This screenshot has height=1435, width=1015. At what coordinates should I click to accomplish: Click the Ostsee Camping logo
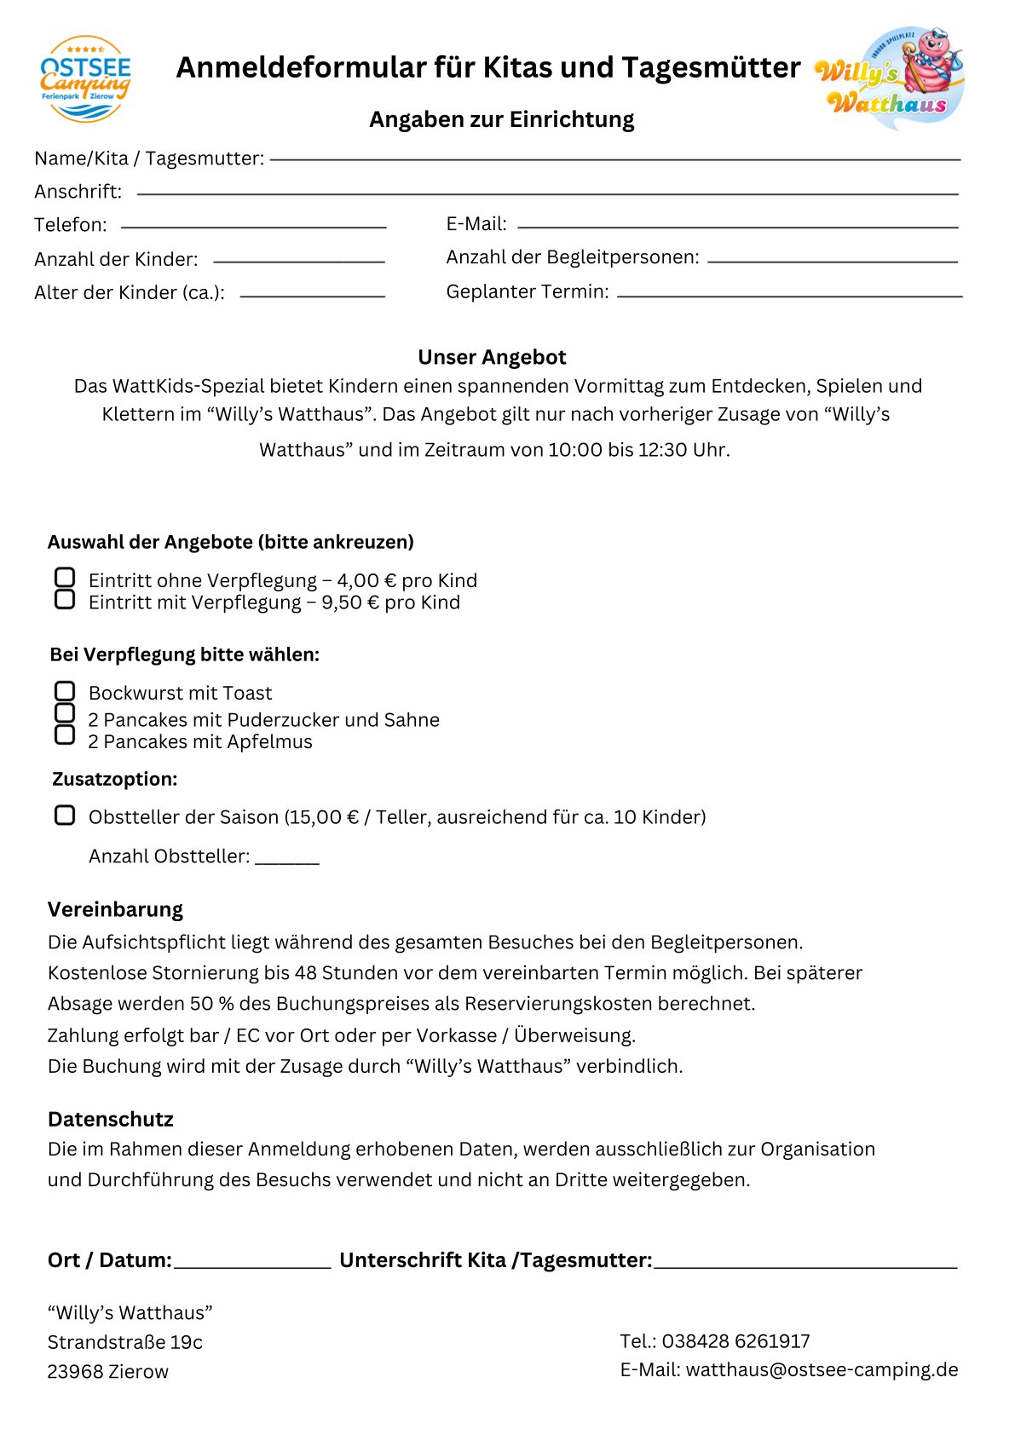coord(85,78)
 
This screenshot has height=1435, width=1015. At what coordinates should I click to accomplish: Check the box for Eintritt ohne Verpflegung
coord(65,578)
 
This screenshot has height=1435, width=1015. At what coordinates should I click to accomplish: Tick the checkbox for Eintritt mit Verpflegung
coord(65,600)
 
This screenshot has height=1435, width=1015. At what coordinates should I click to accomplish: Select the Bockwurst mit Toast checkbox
coord(65,690)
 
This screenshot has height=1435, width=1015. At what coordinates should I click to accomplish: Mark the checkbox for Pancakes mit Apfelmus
coord(65,735)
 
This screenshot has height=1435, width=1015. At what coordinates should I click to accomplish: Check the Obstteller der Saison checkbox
coord(65,815)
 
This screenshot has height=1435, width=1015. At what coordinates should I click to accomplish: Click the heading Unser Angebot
coord(492,357)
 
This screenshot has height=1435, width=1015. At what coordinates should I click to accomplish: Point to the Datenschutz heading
coord(111,1119)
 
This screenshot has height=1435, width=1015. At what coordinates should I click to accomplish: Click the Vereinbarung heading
coord(115,909)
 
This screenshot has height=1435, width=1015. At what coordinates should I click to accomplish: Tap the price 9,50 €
coord(350,602)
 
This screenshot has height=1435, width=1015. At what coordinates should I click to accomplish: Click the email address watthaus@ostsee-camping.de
coord(822,1369)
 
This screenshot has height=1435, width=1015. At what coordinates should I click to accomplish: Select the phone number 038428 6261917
coord(735,1341)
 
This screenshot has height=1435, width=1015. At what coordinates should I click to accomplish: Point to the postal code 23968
coord(73,1372)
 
